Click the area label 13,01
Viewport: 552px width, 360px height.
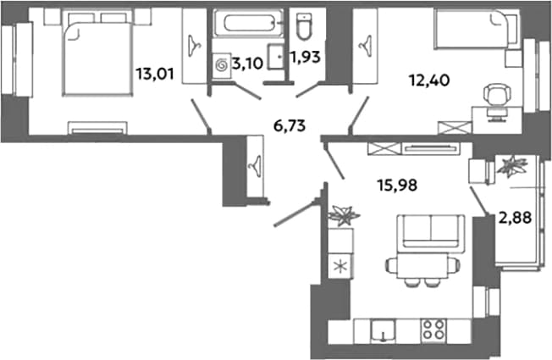tap(155, 75)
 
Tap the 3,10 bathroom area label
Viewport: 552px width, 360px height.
tap(247, 64)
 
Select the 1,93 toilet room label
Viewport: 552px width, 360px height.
tap(306, 57)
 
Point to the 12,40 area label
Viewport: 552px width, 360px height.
tap(428, 80)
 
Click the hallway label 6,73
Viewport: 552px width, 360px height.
tap(290, 125)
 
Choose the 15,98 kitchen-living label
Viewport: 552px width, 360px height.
tap(397, 185)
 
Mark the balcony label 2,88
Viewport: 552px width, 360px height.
tap(515, 218)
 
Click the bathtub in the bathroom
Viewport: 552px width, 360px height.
tap(248, 23)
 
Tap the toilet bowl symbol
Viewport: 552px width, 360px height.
tap(304, 26)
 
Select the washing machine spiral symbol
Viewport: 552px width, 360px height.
tap(222, 65)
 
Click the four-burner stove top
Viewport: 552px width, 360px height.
tap(433, 330)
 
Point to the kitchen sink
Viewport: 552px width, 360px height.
tap(383, 330)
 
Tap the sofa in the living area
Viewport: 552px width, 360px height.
tap(430, 232)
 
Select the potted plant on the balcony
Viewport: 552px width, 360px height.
tap(512, 165)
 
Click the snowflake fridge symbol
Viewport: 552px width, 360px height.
tap(340, 266)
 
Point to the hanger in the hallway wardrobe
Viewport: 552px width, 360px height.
tap(254, 163)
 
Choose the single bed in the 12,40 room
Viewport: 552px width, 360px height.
tap(474, 28)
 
